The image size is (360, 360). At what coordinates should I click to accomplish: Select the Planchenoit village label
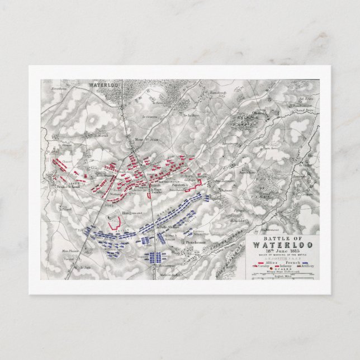tap(196, 242)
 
